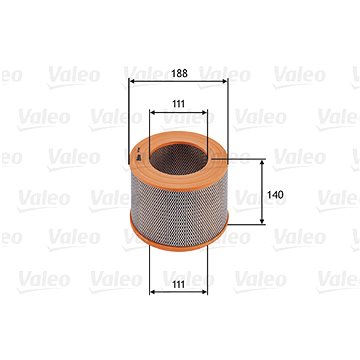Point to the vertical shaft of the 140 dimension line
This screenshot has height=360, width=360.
pos(264,180)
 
